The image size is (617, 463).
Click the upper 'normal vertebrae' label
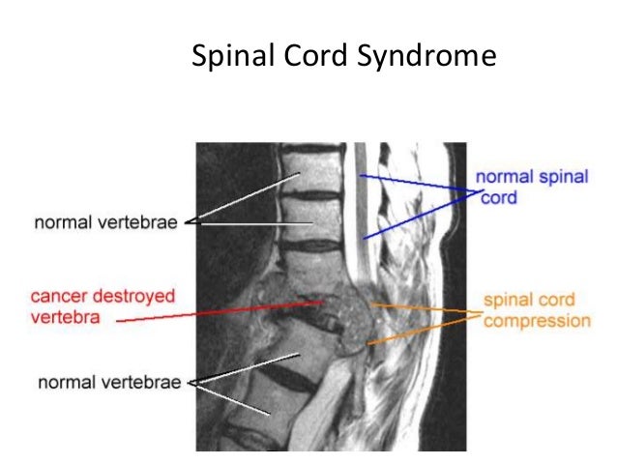pyautogui.click(x=106, y=223)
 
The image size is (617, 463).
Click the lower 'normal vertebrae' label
pyautogui.click(x=109, y=382)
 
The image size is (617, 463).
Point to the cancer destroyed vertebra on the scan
pyautogui.click(x=334, y=311)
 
